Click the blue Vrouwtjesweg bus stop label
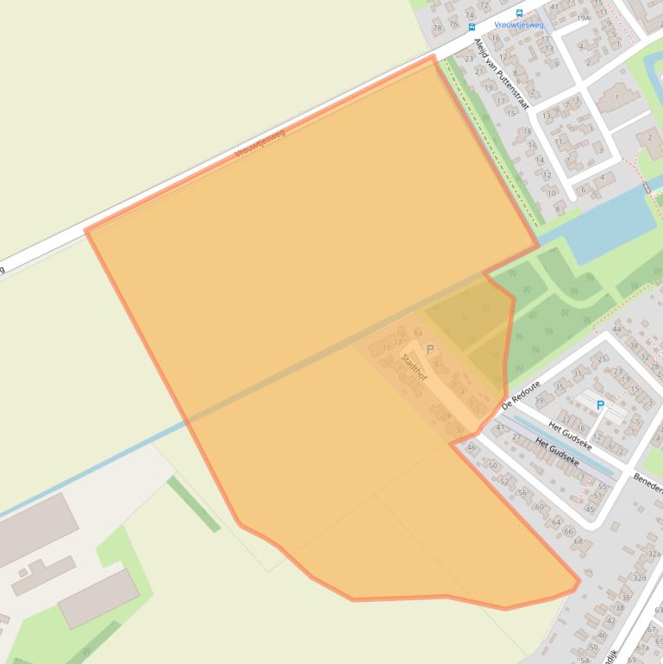tap(519, 25)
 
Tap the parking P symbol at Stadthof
tap(430, 349)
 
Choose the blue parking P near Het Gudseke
tap(600, 404)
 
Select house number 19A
tap(584, 17)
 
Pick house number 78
tap(437, 28)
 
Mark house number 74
tap(470, 15)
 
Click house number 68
tap(579, 542)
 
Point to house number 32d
tap(639, 578)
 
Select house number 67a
tap(642, 647)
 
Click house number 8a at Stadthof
tap(418, 332)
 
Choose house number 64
tap(556, 522)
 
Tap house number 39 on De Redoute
tap(540, 401)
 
